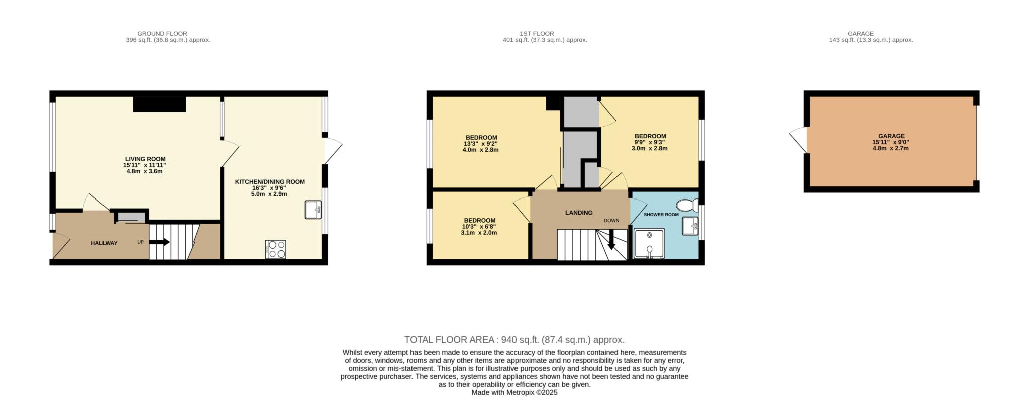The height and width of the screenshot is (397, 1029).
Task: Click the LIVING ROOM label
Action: click(x=145, y=159)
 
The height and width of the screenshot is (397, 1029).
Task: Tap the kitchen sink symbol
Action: click(x=313, y=210)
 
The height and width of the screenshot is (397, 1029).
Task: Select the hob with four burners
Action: click(x=276, y=249)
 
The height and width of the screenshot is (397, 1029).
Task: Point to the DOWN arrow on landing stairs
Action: click(x=611, y=240)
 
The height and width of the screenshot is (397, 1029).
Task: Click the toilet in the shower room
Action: click(x=686, y=205)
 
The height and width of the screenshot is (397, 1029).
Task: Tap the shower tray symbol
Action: click(x=649, y=243)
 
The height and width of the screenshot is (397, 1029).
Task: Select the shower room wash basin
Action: click(x=690, y=226)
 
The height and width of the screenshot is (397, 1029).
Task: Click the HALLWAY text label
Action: click(x=104, y=243)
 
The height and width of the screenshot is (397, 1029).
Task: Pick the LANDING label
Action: click(x=579, y=213)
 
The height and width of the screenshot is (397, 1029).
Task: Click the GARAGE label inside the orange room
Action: click(x=891, y=136)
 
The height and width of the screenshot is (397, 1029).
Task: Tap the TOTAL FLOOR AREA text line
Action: click(x=514, y=340)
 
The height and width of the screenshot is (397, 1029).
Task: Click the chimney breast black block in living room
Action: click(x=159, y=104)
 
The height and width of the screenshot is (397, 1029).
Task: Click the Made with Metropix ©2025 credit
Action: click(x=514, y=393)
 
